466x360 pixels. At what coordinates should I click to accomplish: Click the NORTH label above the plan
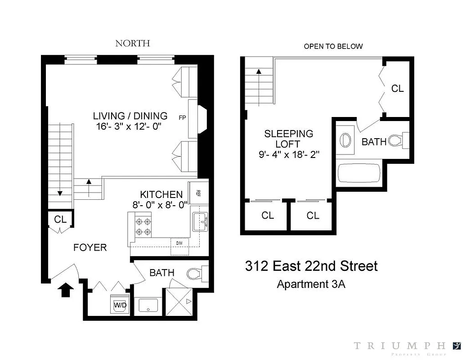coord(132,43)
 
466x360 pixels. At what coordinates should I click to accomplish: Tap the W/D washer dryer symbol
coord(120,305)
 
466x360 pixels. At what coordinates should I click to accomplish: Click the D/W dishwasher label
coord(179,243)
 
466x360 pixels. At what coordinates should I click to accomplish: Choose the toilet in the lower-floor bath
coord(197,274)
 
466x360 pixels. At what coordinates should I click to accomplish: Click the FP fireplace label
coord(182,118)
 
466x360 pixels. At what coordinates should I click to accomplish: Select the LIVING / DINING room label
coord(130,116)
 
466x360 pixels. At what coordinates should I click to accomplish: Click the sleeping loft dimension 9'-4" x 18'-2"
coord(289,154)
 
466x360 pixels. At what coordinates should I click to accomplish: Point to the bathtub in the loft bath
coord(359,174)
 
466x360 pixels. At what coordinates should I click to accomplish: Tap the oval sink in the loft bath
coord(345,139)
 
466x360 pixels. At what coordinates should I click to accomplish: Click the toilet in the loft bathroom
coord(398,140)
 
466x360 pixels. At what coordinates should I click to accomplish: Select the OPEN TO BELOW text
coord(333,46)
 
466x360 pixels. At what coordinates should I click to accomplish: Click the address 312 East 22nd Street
coord(311,266)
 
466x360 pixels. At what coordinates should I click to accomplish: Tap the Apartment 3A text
coord(311,284)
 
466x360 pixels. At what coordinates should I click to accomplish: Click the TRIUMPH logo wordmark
coord(399,346)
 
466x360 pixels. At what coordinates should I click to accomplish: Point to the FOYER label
coord(90,247)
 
